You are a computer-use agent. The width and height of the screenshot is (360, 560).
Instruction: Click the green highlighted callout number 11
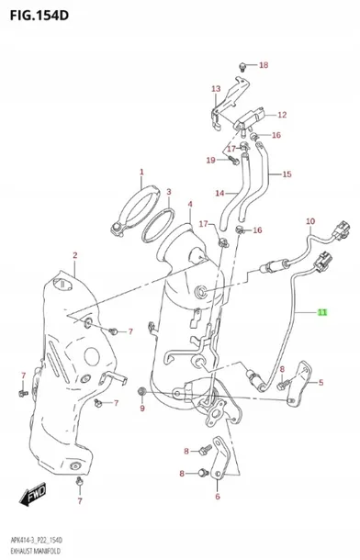point(322,312)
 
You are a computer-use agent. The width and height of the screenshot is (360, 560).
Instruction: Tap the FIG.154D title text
point(39,15)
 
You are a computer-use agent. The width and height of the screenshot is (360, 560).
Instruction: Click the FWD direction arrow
point(33,494)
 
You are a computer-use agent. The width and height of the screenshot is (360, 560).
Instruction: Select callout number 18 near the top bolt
point(264,65)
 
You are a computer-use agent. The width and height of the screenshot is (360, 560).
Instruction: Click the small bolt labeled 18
point(242,66)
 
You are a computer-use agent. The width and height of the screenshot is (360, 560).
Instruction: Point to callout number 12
point(282,115)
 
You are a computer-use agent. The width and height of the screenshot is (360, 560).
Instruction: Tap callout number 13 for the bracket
point(216,88)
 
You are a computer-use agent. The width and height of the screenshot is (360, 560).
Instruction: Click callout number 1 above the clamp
point(141,172)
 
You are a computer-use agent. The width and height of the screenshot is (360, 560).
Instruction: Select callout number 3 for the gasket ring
point(169,192)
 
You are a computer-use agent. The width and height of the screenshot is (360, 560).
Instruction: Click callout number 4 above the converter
point(190,204)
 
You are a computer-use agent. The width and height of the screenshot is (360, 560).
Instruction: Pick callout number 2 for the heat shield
point(75,255)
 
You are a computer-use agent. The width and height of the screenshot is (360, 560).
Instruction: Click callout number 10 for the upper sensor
point(310,221)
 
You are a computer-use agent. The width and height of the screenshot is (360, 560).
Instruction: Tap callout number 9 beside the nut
point(142,408)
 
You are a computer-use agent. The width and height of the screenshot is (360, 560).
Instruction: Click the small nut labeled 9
point(141,392)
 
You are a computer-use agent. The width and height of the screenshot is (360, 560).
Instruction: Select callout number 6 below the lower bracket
point(218,496)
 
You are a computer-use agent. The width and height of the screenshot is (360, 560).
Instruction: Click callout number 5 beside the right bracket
point(321,383)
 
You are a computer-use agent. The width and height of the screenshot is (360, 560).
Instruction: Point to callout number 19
point(210,161)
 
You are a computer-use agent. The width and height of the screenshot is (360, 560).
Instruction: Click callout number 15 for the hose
point(287,174)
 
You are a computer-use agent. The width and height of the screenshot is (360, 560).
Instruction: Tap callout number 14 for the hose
point(219,193)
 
